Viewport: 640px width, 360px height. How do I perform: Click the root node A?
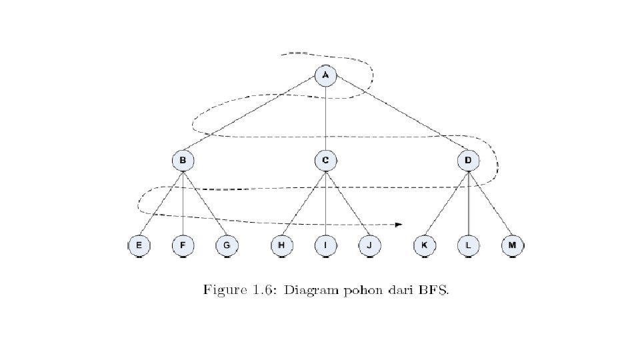coord(325,75)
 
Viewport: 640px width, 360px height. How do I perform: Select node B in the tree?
coord(183,161)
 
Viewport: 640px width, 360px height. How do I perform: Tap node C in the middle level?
coord(325,161)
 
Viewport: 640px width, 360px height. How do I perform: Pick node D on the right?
coord(468,161)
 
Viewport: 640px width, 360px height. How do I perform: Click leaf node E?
coord(139,246)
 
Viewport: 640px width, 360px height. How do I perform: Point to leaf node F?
coord(183,246)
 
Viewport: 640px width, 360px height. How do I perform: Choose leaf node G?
coord(227,246)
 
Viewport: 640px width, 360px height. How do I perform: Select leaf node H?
coord(281,246)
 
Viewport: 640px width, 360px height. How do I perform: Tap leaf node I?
coord(325,246)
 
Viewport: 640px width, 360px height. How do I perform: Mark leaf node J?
coord(369,246)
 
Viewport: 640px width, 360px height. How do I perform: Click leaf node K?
coord(424,246)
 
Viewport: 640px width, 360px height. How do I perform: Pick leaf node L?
coord(468,246)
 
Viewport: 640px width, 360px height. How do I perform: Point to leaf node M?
coord(512,246)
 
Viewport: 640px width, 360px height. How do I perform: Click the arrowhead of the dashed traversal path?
coord(399,224)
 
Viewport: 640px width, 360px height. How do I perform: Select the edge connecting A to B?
coord(253,118)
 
